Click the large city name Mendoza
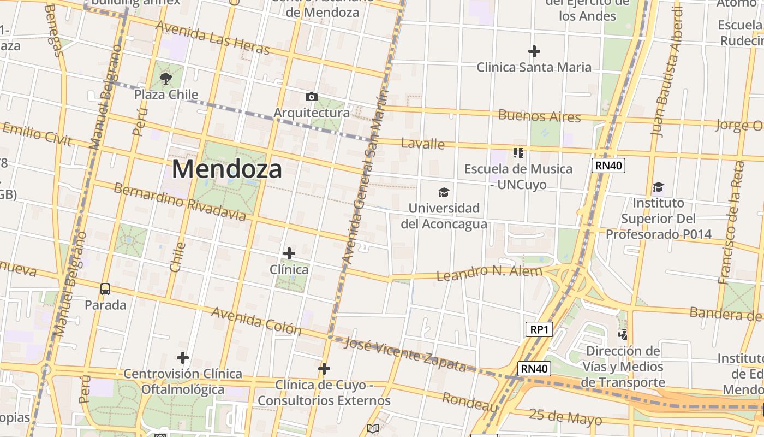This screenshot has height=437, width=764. [227, 169]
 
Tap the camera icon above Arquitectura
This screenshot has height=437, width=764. [312, 97]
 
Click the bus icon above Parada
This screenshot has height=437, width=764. [105, 289]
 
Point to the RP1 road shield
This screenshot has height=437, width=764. [539, 329]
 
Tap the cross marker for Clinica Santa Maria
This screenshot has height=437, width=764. [534, 51]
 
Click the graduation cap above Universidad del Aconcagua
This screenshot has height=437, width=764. [444, 192]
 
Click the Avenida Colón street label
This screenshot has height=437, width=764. [256, 321]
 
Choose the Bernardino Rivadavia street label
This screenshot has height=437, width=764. [180, 202]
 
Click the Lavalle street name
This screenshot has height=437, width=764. [422, 144]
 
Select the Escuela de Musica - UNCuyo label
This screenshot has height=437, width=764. [518, 176]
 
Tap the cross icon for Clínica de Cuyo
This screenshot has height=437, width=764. [324, 369]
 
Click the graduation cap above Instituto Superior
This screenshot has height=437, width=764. [658, 187]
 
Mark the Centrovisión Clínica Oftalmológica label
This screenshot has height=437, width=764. [183, 381]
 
